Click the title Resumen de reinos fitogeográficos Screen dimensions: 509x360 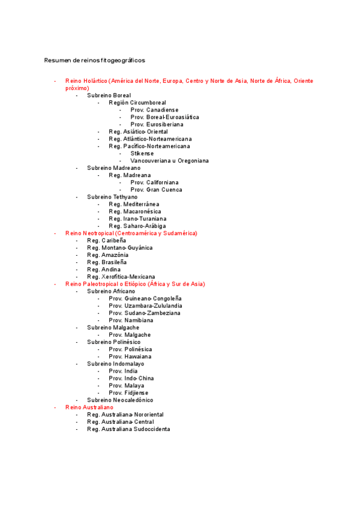[94, 61]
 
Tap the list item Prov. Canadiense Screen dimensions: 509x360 [154, 110]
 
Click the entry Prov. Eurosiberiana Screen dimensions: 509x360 [157, 124]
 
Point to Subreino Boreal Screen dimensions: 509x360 [109, 95]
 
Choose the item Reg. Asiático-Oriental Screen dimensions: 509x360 [138, 131]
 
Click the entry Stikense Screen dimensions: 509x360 [142, 154]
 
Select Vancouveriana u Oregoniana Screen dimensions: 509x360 [169, 161]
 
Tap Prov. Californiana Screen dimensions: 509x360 [154, 182]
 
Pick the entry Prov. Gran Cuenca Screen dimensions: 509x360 [156, 190]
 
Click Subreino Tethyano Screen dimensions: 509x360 [112, 197]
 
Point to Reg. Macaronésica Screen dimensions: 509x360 [134, 211]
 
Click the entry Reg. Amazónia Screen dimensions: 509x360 [107, 255]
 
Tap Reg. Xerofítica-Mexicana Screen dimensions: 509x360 [121, 277]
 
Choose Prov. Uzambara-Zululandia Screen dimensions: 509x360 [145, 306]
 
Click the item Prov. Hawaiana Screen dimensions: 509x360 [130, 357]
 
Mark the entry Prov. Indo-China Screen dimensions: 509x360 [131, 378]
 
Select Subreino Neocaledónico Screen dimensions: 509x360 [119, 400]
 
